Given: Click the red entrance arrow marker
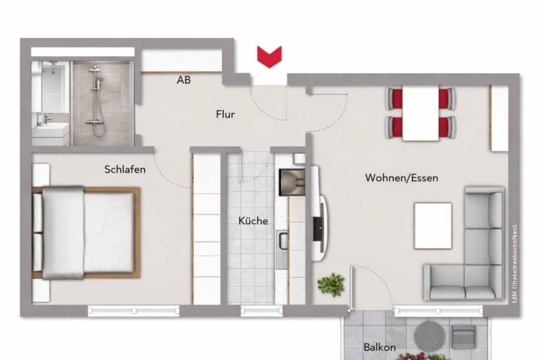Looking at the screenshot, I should [x=269, y=56].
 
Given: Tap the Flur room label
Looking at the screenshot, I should [x=225, y=114].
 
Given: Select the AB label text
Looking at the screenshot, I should [x=184, y=80].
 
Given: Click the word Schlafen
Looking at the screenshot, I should [x=125, y=169].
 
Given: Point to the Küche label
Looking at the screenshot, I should [x=253, y=221].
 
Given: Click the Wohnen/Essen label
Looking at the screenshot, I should [x=401, y=178].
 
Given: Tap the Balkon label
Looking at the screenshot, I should [x=380, y=347].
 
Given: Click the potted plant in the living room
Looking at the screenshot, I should [x=331, y=284].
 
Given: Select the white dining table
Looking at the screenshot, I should [x=420, y=113].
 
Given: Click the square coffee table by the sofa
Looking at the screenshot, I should [x=433, y=226].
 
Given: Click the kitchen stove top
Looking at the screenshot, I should [x=291, y=182].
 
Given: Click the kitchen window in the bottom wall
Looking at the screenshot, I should [x=261, y=310].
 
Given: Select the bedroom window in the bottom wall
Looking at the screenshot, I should [x=134, y=311].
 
